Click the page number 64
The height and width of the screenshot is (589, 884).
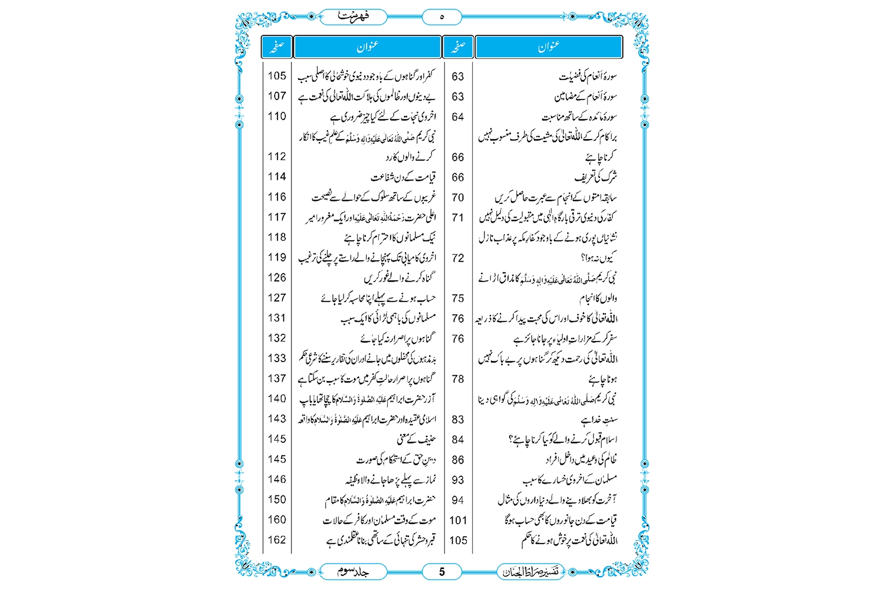pyautogui.click(x=458, y=117)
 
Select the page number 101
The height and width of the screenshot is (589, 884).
pyautogui.click(x=458, y=520)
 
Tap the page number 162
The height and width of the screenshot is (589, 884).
pyautogui.click(x=277, y=540)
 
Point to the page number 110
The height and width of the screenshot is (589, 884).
pyautogui.click(x=277, y=116)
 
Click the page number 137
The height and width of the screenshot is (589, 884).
pyautogui.click(x=277, y=378)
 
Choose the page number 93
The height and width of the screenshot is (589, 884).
pyautogui.click(x=458, y=480)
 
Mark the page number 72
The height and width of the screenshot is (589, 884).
pyautogui.click(x=458, y=258)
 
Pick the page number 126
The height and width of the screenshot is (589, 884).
pyautogui.click(x=277, y=277)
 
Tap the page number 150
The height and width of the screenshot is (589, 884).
pyautogui.click(x=277, y=499)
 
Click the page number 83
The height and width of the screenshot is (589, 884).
pyautogui.click(x=458, y=419)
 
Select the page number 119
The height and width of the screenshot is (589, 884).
pyautogui.click(x=277, y=257)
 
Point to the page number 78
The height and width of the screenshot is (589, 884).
pyautogui.click(x=458, y=379)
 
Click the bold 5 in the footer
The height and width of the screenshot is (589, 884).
pyautogui.click(x=442, y=571)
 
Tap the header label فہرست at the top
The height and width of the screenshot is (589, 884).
pyautogui.click(x=354, y=16)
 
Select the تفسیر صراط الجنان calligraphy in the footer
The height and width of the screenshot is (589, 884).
pyautogui.click(x=530, y=571)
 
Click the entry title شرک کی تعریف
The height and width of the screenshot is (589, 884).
pyautogui.click(x=596, y=177)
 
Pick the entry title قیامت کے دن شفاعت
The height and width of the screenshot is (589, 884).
pyautogui.click(x=403, y=177)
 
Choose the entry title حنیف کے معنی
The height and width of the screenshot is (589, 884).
pyautogui.click(x=416, y=439)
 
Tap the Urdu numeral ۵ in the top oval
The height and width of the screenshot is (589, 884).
pyautogui.click(x=442, y=17)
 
